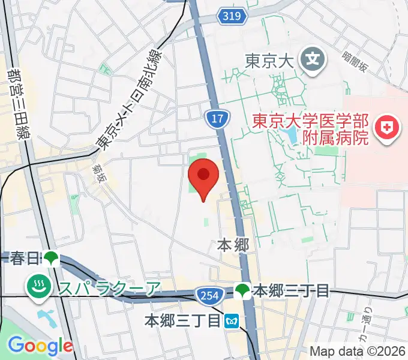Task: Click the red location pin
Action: [x=203, y=175]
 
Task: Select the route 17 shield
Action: [x=217, y=118]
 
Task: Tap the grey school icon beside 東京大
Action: [x=313, y=59]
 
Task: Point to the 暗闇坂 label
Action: [x=355, y=61]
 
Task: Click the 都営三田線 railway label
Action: [x=16, y=104]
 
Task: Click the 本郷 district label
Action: [x=232, y=245]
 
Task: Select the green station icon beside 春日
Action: [x=50, y=258]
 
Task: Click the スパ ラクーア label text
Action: [x=110, y=289]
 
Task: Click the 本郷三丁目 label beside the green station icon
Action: [x=291, y=291]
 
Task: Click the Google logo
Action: [x=40, y=346]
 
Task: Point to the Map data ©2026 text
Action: [x=358, y=350]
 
